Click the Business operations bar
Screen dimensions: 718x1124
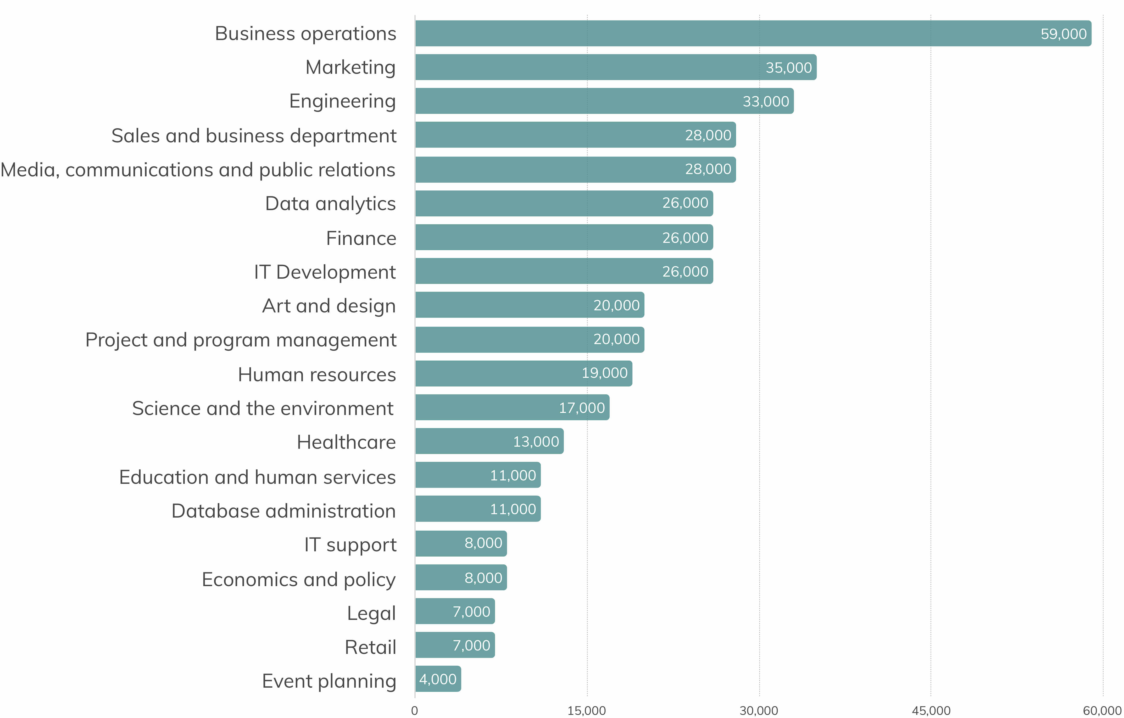point(753,33)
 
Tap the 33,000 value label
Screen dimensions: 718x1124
point(765,101)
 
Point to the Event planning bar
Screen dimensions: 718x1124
point(438,679)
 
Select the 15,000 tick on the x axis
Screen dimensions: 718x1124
point(587,710)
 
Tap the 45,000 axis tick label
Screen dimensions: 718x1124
point(931,710)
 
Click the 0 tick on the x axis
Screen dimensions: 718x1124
point(415,710)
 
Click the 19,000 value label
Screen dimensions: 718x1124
point(604,373)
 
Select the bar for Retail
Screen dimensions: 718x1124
point(455,645)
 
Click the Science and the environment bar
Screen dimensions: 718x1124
point(512,407)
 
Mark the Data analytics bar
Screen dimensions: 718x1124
point(564,203)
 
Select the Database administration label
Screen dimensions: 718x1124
point(283,511)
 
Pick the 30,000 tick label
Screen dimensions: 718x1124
point(759,710)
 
